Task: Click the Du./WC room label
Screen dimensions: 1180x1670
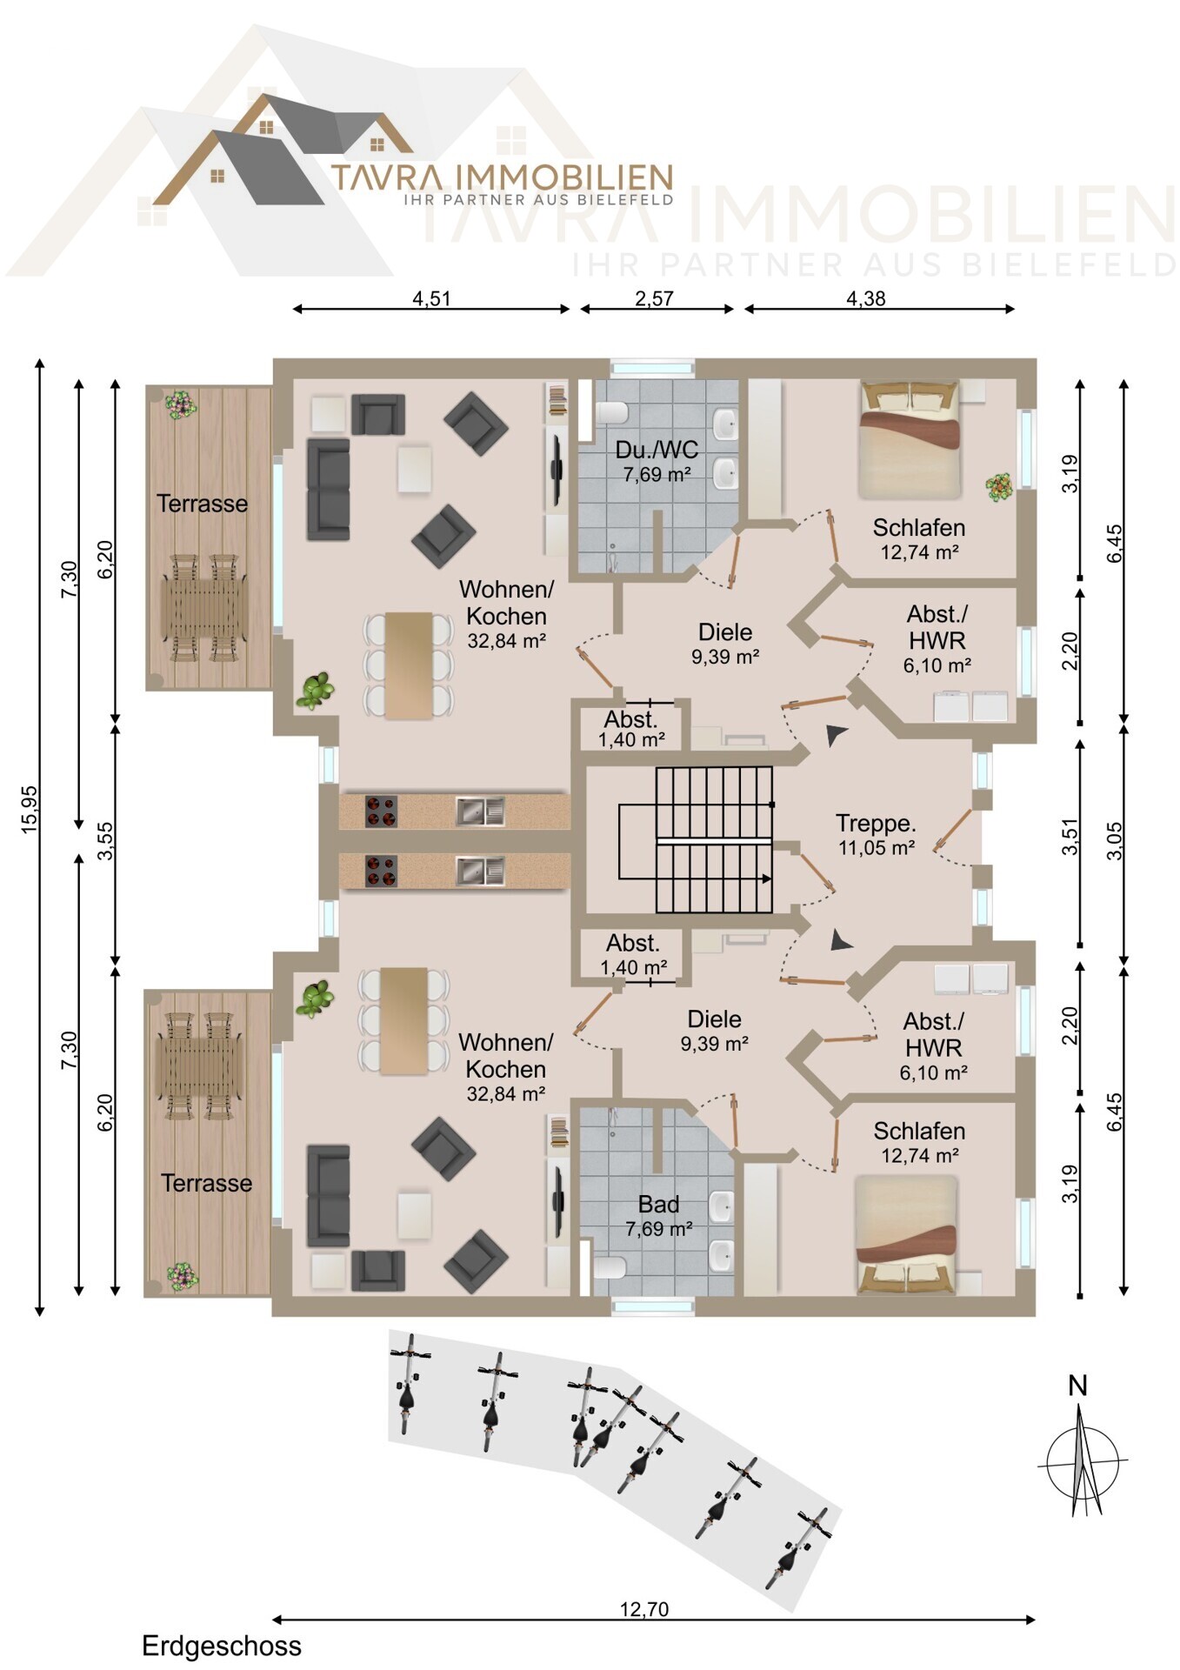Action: (x=657, y=450)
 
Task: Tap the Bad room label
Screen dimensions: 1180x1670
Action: (x=658, y=1205)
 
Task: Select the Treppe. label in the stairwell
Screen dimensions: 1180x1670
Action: (x=876, y=823)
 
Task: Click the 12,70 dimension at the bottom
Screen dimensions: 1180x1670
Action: (x=644, y=1609)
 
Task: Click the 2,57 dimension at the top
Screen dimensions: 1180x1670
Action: (x=654, y=298)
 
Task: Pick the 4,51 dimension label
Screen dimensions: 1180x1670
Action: (x=431, y=298)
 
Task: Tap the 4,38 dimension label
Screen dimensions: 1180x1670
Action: (x=866, y=298)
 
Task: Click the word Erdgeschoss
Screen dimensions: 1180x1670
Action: (x=222, y=1647)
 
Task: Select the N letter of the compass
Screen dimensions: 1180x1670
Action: (x=1078, y=1386)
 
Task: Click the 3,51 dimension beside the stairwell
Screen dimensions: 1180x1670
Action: (x=1070, y=837)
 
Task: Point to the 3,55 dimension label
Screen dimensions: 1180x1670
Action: (x=105, y=841)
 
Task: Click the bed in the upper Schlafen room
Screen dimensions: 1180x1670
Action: (x=910, y=439)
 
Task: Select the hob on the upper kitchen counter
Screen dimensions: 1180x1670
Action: (x=381, y=812)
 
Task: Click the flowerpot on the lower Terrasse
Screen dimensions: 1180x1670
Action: (x=183, y=1277)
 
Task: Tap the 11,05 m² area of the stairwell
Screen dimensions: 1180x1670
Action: (x=877, y=848)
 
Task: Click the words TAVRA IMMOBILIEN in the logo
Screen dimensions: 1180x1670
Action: (x=502, y=177)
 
